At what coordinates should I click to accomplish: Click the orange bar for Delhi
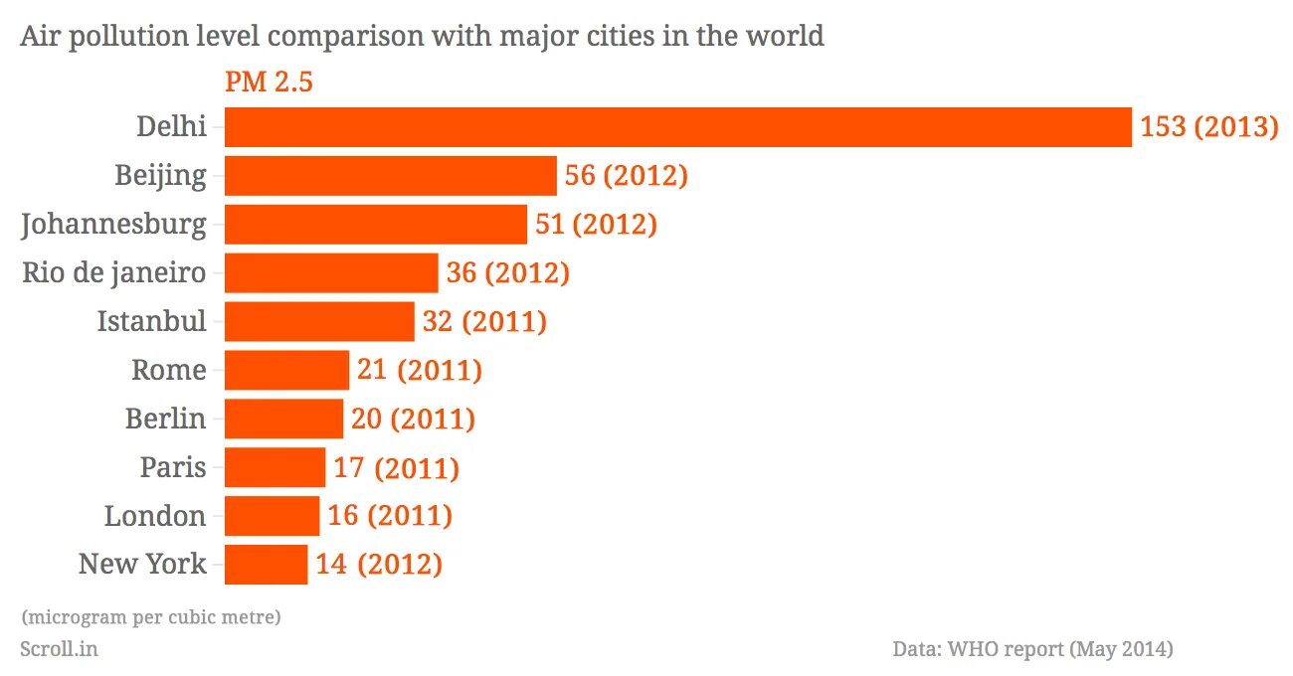[677, 127]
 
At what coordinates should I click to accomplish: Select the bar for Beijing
[390, 176]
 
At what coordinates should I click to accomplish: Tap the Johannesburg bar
[375, 225]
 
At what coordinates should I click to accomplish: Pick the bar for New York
[266, 565]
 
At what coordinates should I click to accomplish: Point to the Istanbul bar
[319, 321]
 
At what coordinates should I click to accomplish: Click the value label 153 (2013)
[1208, 127]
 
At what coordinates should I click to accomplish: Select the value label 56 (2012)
[626, 176]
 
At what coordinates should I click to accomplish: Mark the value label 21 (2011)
[419, 370]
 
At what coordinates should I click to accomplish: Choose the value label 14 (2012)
[379, 565]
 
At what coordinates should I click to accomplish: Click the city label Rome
[169, 370]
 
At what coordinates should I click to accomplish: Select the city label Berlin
[165, 419]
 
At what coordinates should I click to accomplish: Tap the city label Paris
[173, 467]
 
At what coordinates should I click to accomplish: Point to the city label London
[155, 516]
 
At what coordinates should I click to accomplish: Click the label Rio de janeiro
[114, 272]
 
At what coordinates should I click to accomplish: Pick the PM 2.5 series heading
[269, 82]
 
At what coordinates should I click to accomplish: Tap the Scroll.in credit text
[59, 649]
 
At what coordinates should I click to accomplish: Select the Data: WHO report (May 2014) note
[1032, 649]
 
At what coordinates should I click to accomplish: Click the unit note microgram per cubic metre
[150, 617]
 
